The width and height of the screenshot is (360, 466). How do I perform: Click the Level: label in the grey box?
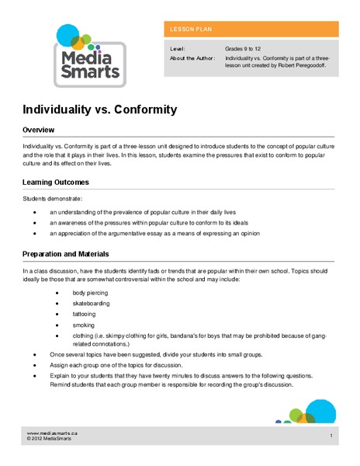coord(178,49)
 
